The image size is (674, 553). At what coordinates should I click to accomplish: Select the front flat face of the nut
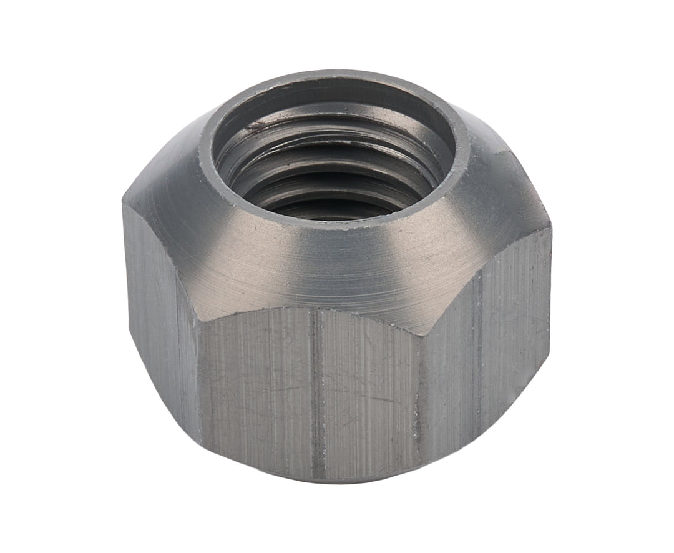312,394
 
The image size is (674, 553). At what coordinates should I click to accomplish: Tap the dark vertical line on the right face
479,350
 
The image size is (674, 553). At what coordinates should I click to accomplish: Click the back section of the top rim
337,78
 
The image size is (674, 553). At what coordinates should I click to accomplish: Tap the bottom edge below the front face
312,479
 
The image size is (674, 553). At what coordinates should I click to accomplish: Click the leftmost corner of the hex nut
123,200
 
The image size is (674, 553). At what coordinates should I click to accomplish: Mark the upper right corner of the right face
550,230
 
